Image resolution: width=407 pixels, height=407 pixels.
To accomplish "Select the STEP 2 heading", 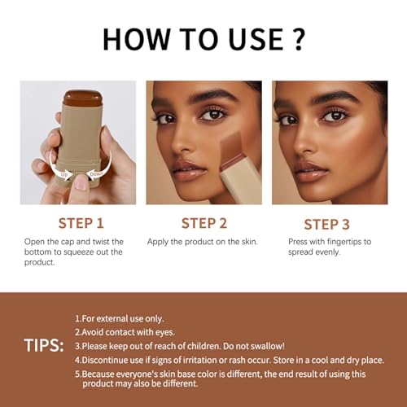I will (204, 223).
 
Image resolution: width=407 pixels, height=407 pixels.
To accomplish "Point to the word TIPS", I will (44, 345).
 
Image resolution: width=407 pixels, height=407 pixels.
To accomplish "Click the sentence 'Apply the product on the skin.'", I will (203, 242).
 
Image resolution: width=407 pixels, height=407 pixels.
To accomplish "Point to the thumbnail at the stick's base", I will (82, 183).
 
